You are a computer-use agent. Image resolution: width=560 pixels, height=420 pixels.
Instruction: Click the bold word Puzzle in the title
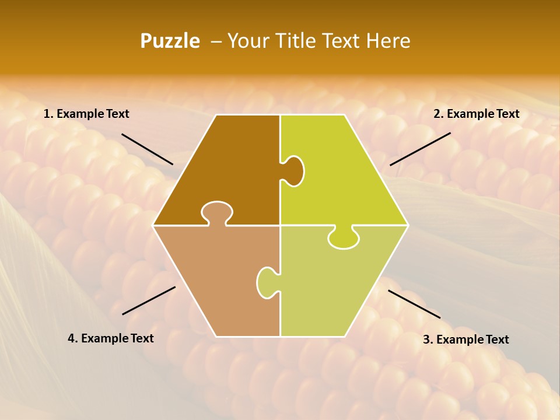170,41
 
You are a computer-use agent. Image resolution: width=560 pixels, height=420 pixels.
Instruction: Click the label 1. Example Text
86,114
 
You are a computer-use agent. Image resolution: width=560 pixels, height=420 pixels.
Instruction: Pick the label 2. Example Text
476,114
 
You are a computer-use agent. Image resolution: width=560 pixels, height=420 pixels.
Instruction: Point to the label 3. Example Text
466,339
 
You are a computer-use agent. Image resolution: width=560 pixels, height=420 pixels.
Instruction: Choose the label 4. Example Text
111,338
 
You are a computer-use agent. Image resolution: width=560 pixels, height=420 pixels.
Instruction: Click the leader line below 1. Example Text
147,149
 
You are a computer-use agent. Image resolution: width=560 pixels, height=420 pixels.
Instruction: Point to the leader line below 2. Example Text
420,149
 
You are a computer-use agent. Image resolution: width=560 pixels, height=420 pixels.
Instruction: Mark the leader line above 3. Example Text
414,304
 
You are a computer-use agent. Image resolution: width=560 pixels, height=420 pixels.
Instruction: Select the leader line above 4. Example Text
149,300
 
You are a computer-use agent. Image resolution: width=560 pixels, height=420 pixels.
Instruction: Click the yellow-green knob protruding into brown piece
293,171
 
